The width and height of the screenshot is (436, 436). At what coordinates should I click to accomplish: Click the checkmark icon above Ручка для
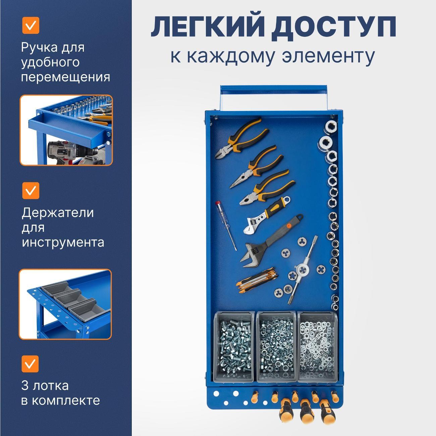click(31, 25)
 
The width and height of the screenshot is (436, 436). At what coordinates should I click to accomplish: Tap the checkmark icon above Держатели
click(31, 190)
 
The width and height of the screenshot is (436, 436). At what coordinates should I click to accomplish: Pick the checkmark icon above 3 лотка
click(31, 364)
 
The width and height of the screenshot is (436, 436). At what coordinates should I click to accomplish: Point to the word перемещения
click(66, 77)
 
